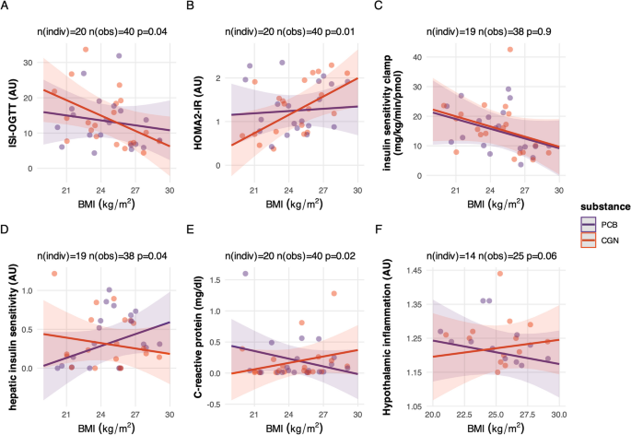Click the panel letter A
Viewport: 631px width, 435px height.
tap(7, 9)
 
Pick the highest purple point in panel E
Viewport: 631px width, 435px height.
tap(245, 274)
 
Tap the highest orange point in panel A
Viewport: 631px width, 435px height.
tap(86, 50)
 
